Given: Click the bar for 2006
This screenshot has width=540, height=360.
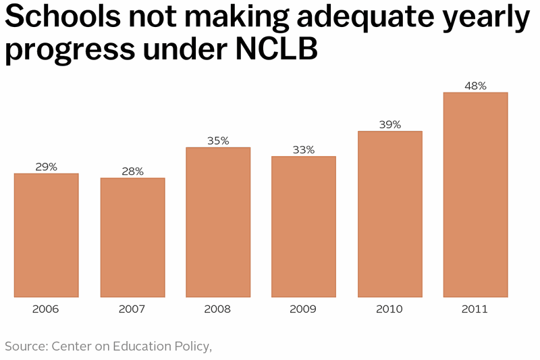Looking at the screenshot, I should coord(46,235).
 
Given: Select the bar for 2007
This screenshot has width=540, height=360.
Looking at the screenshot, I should coord(132,237).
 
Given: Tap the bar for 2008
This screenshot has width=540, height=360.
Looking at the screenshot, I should coord(218,222).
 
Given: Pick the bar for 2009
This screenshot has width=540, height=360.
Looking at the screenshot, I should coord(304,226).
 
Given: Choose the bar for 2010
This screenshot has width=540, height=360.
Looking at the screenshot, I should coord(389,213).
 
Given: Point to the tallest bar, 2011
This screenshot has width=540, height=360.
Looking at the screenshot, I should coord(475,195).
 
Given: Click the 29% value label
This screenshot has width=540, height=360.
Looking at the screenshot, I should coord(46,166).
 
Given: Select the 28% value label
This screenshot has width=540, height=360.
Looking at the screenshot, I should coord(132,171).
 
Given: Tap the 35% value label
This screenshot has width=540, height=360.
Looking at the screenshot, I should coord(218,140).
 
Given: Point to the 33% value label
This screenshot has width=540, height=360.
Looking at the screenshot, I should coord(304,149).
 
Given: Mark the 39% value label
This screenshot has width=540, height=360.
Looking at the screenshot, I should coord(389,124).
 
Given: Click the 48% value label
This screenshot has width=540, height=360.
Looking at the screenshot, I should coord(475,86).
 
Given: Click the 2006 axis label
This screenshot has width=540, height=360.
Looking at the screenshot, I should coord(46,309).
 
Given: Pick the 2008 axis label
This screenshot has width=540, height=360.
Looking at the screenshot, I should coord(218,309).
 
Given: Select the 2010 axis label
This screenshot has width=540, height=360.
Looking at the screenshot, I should coord(389,309).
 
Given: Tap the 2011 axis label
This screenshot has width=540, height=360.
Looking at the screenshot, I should coord(475,309).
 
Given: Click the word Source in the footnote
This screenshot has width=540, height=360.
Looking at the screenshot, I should coord(24,346).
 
